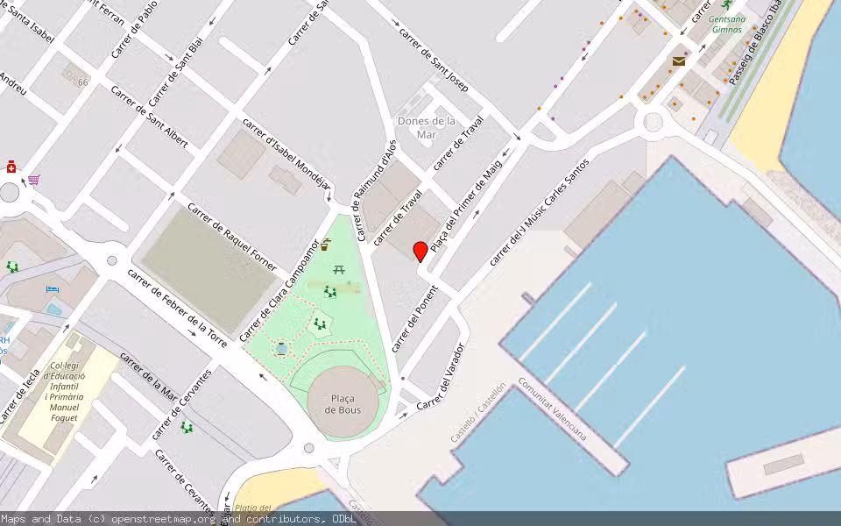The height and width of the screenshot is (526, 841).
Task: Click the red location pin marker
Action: [420, 252]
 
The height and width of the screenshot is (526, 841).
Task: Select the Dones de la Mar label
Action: [427, 128]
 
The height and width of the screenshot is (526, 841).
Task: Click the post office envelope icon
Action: [679, 60]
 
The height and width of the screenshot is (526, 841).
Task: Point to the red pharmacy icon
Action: [11, 166]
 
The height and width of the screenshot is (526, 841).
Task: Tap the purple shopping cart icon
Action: [34, 181]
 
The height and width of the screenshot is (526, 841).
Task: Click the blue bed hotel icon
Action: [52, 288]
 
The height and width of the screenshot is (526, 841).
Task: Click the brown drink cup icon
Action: [326, 245]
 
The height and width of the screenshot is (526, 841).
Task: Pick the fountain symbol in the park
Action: [281, 349]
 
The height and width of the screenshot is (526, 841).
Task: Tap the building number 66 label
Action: [83, 82]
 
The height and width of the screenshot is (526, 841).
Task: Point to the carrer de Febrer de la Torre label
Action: [178, 308]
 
